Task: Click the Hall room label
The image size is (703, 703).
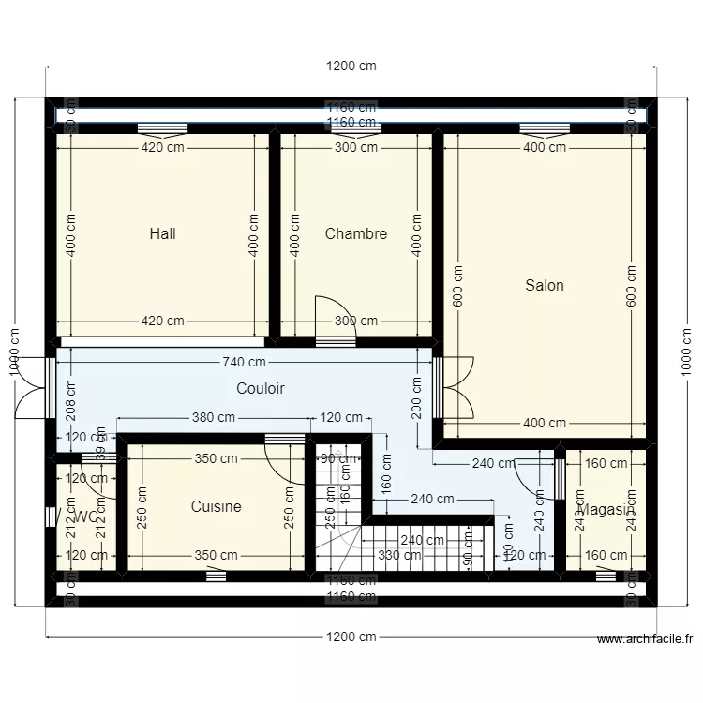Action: pos(162,233)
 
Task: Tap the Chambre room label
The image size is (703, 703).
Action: pos(355,233)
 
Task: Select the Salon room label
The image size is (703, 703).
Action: pos(545,285)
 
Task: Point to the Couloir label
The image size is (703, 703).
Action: pos(261,388)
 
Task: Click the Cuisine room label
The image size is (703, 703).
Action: pos(216,506)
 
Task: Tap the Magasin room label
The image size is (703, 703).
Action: pos(606,510)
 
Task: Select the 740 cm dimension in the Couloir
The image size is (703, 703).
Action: pos(244,362)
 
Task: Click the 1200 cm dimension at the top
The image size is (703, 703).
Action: pos(351,67)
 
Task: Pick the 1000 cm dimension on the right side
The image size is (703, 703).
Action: pos(687,352)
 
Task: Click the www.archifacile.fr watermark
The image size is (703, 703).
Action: pos(645,640)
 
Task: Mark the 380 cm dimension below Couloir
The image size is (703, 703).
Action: pos(214,418)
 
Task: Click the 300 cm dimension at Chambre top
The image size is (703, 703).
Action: pos(356,147)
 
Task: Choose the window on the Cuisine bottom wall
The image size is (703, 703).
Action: pos(217,576)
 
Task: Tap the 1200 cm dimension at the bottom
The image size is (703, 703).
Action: pos(351,637)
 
